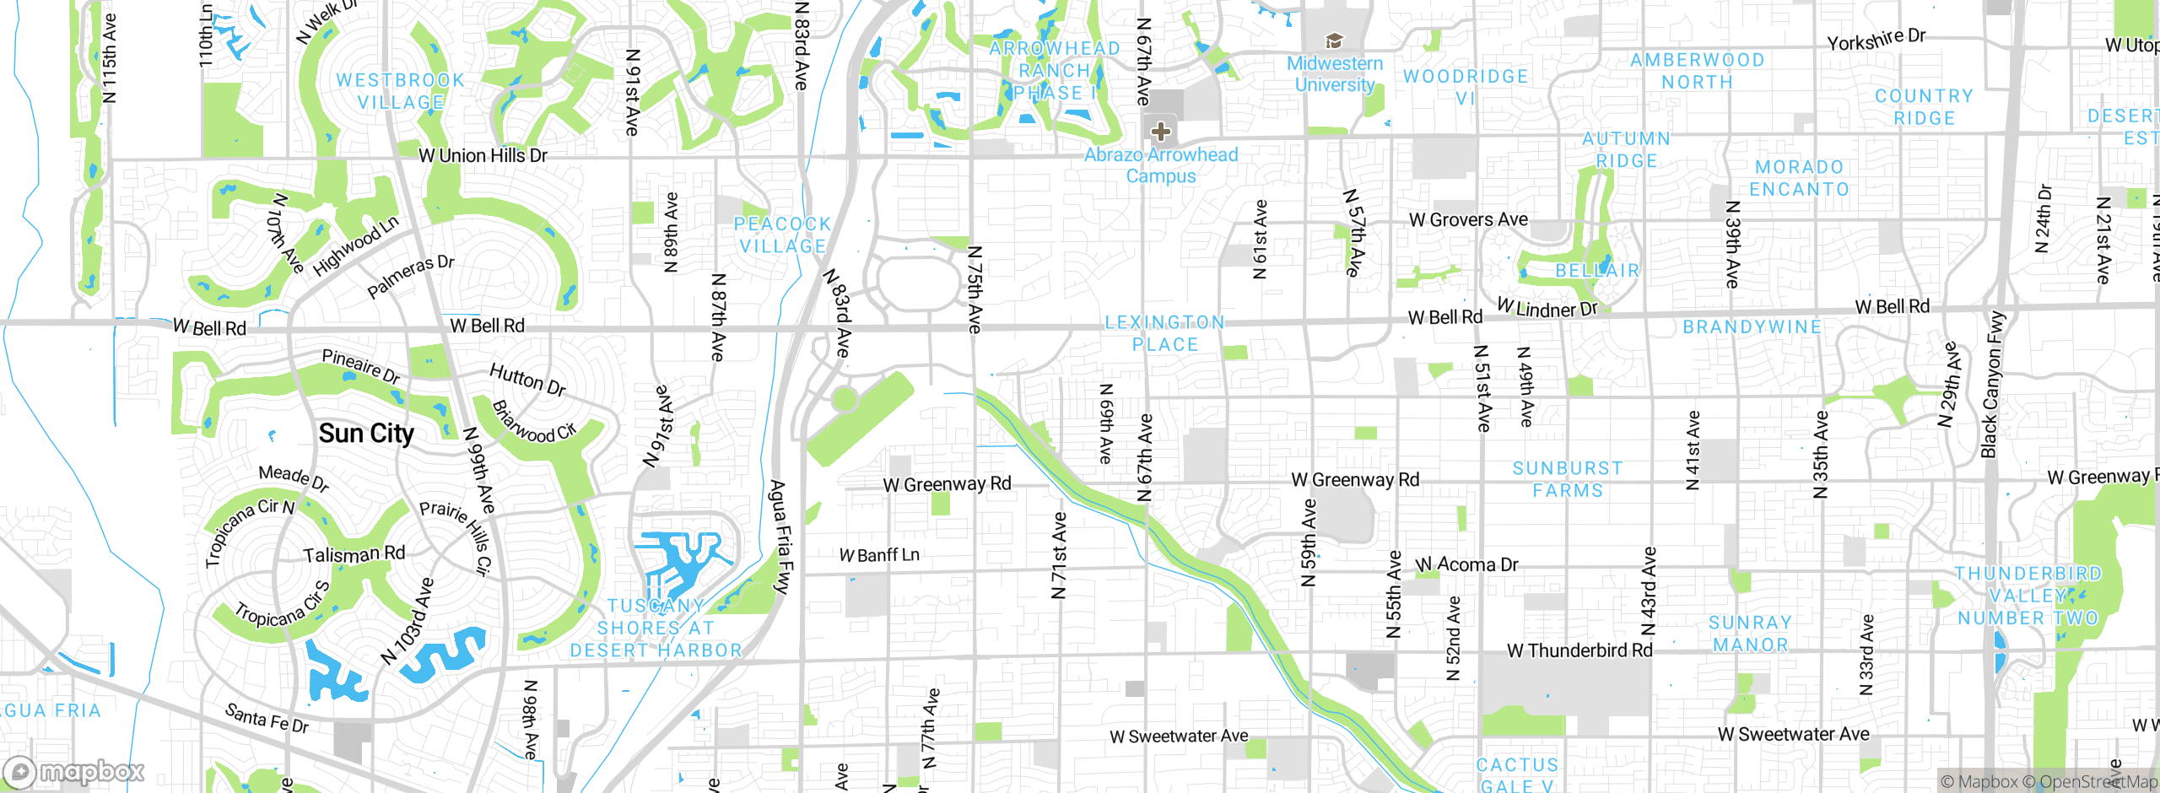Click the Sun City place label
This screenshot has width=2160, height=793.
coord(366,434)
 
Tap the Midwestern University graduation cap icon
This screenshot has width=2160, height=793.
coord(1334,40)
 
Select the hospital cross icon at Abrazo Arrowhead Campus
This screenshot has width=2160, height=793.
coord(1161,131)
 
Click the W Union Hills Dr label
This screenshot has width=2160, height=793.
coord(483,156)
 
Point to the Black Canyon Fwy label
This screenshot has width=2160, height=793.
coord(1992,385)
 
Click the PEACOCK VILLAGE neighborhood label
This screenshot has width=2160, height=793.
coord(782,235)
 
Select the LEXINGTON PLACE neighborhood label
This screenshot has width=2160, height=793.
coord(1164,333)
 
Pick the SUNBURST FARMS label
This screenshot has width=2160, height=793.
coord(1567,479)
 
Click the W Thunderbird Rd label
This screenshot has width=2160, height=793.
coord(1579,650)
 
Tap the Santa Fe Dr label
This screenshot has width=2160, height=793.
coord(267,718)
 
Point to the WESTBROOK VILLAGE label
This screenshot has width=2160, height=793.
coord(400,91)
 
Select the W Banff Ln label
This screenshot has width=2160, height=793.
coord(879,555)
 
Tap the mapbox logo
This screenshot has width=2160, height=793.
coord(74,771)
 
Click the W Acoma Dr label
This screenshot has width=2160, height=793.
coord(1466,564)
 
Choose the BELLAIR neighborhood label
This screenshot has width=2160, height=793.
coord(1597,271)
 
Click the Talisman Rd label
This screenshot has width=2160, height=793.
coord(354,554)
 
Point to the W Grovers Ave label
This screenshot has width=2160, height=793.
coord(1468,220)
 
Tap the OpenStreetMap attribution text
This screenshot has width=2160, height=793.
coord(2096,782)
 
